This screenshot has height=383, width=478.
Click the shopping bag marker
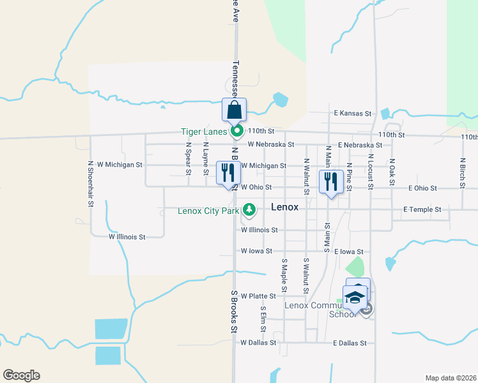pos(234,110)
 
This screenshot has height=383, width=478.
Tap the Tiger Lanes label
pos(203,132)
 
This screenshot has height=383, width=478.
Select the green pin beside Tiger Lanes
pos(237,132)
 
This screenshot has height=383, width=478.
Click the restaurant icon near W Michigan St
pos(227,172)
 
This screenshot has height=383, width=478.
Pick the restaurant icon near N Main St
pos(330,181)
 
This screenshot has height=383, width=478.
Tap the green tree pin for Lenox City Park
pos(249,209)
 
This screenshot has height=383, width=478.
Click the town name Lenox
pos(286,207)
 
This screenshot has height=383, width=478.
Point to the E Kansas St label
pos(353,114)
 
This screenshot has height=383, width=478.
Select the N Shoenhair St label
pos(91,183)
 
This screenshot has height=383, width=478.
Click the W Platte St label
pos(258,296)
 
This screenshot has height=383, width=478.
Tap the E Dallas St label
pos(350,343)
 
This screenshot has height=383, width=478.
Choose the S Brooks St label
pos(234,311)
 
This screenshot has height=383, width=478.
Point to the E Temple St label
pos(422,209)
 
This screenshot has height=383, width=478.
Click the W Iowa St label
pos(256,252)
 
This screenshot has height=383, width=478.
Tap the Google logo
pos(21,375)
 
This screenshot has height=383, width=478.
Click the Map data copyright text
pos(450,378)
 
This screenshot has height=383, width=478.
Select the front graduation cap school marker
pos(355,297)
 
